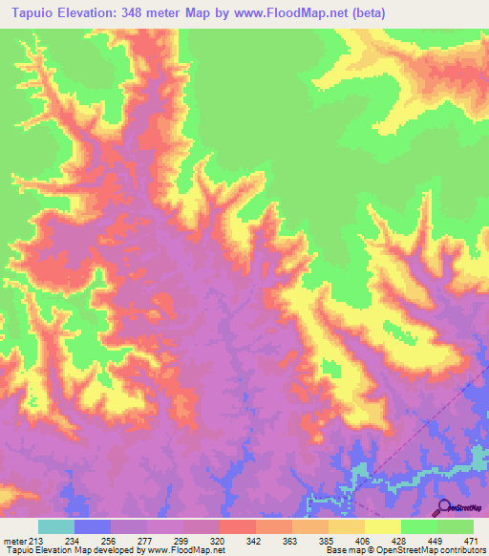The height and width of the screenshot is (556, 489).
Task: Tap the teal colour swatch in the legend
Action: pyautogui.click(x=56, y=526)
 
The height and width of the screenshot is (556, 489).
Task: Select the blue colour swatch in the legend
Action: pyautogui.click(x=93, y=526)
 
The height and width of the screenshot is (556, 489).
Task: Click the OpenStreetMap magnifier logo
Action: pyautogui.click(x=443, y=506)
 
